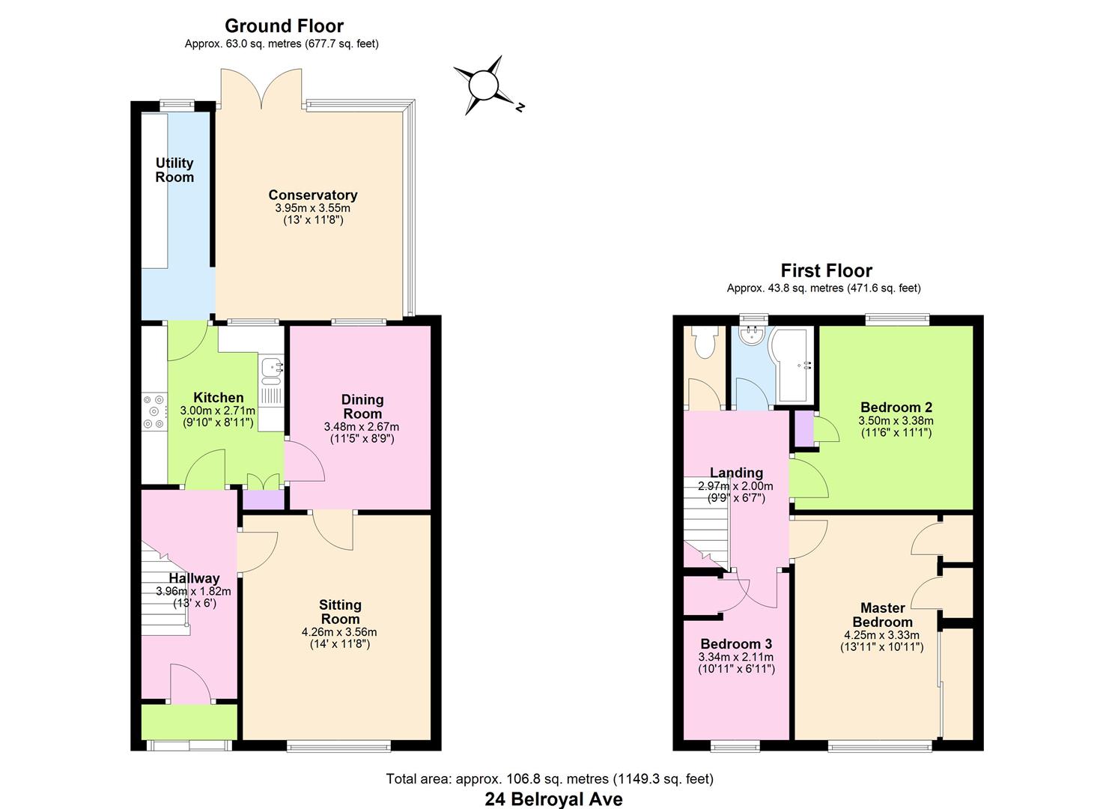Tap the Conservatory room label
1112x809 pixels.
tap(313, 196)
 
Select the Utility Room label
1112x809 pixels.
tap(174, 170)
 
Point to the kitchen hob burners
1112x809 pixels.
tap(155, 411)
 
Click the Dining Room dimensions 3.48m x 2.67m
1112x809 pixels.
tap(362, 427)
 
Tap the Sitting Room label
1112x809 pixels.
tap(340, 612)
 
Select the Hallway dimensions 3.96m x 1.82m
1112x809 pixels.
tap(193, 591)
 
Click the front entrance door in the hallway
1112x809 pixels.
tap(191, 683)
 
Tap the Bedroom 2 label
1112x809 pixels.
tap(896, 407)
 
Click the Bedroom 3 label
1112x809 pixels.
tap(736, 644)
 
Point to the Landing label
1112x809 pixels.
tap(736, 473)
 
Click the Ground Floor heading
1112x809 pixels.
tap(284, 26)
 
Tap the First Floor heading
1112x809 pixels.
tap(826, 270)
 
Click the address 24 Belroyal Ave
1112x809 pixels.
tap(553, 799)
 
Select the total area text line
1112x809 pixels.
tap(549, 779)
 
